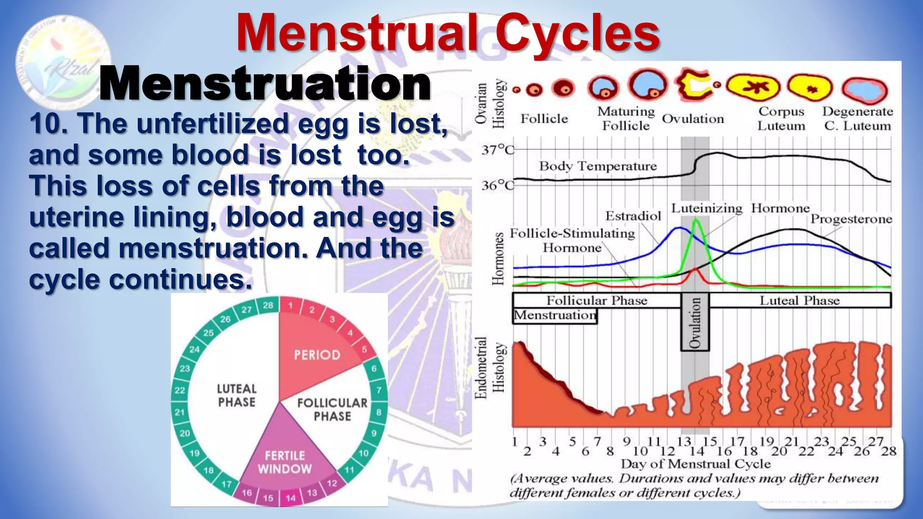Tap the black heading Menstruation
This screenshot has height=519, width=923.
tap(265, 84)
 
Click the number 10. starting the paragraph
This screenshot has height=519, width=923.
tap(49, 123)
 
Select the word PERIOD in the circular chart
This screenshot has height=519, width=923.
tap(317, 355)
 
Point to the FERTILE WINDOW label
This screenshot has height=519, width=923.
tap(284, 462)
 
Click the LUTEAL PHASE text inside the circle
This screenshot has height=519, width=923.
tap(237, 395)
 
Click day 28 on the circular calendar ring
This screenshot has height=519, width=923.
tap(268, 305)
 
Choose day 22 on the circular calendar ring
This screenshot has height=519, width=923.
tap(180, 390)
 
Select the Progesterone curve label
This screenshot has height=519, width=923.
tap(851, 219)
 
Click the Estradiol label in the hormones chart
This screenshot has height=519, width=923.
tap(633, 216)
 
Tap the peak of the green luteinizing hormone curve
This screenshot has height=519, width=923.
tap(696, 219)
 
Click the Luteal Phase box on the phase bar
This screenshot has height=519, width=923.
tap(800, 300)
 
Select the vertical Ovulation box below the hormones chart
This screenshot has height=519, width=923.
tap(695, 322)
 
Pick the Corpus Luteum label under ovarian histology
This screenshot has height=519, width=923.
tap(781, 118)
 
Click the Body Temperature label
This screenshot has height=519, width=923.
tap(598, 166)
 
